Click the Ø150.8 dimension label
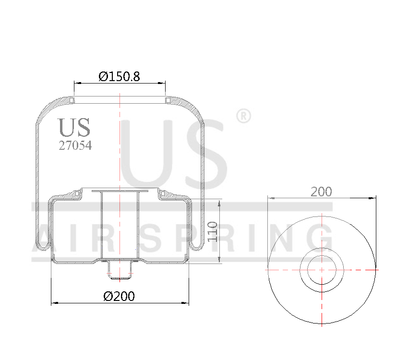click(119, 76)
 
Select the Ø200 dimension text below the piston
click(119, 296)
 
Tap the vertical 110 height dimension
click(213, 231)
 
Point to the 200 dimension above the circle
click(321, 192)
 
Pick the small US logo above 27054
click(74, 127)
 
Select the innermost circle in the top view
click(322, 269)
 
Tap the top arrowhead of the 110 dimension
click(220, 202)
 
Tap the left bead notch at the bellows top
click(72, 100)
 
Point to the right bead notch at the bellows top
click(168, 100)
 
